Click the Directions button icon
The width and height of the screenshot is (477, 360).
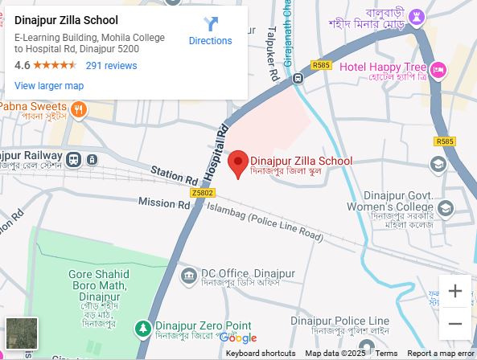point(211,24)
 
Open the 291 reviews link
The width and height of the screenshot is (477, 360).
point(111,65)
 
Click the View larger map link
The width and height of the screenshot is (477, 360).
point(49,86)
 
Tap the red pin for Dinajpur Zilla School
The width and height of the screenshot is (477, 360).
point(237,163)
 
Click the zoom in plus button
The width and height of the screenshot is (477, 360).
point(454,291)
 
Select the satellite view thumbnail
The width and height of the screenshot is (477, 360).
point(22,333)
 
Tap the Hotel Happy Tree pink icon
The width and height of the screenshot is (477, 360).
point(438,70)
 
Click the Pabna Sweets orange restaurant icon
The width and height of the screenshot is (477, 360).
point(78,108)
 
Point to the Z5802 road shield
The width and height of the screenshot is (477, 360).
point(203,193)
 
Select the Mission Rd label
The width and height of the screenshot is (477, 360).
point(163,202)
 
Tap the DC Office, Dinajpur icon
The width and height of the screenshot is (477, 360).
point(189,277)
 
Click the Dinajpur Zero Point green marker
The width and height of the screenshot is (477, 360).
point(143,328)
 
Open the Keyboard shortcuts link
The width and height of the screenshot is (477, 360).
point(260,354)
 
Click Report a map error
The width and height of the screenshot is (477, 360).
point(441,354)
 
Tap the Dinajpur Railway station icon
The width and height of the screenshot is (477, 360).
point(73,160)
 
